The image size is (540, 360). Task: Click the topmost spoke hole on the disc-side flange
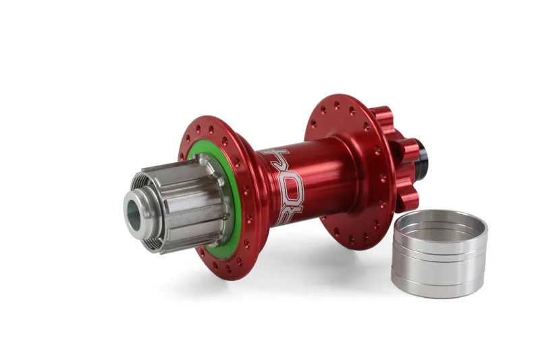[337, 105]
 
